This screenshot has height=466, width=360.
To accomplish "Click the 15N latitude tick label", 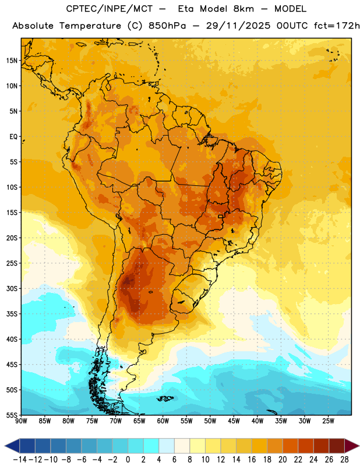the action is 12,61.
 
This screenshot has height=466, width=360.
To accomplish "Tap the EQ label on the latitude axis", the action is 13,137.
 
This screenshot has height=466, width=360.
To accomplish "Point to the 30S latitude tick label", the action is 12,289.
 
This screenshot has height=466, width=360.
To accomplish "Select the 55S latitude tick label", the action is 12,415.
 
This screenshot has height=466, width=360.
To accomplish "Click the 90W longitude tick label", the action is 21,421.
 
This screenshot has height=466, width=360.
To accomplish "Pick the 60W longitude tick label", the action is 163,421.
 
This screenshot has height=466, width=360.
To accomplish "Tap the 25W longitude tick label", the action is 328,421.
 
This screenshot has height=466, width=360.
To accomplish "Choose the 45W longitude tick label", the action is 234,421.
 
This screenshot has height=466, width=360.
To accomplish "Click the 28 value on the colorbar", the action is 344,460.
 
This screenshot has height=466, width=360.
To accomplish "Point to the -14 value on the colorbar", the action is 20,460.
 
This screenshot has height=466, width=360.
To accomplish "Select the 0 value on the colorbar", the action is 128,460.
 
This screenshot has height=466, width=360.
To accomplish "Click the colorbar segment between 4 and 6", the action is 167,446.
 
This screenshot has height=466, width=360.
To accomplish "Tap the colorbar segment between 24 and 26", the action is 321,446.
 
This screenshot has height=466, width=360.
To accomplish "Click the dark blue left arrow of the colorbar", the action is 12,446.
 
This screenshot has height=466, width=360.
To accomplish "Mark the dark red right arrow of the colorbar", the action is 352,446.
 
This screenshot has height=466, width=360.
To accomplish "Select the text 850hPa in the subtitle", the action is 167,26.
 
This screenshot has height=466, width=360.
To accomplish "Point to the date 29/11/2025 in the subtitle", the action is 238,26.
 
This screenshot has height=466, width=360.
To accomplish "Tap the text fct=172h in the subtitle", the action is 337,26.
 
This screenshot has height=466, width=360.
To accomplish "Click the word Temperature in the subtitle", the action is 90,26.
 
